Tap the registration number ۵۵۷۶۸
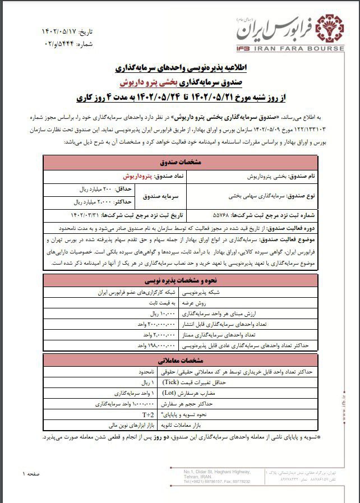pyautogui.click(x=201, y=215)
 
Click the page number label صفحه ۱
pyautogui.click(x=30, y=474)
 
